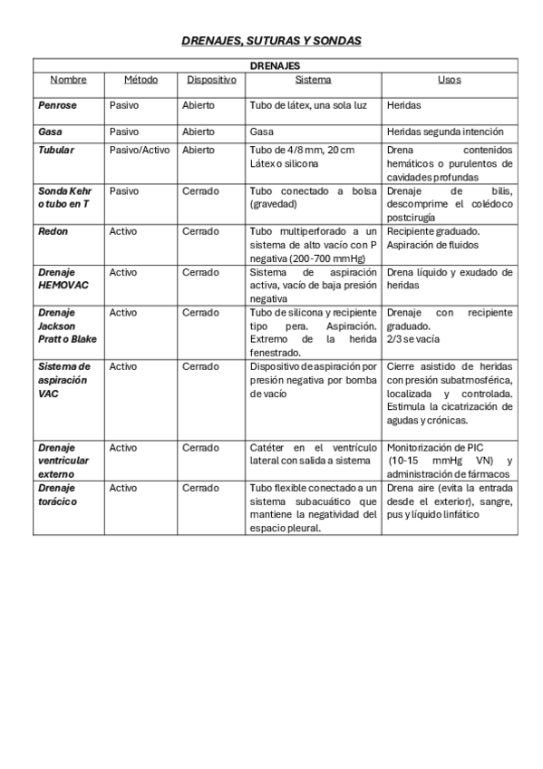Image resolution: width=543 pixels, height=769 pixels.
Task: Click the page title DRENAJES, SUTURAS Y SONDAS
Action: tap(271, 41)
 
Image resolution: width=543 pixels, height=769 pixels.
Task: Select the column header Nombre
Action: tap(68, 80)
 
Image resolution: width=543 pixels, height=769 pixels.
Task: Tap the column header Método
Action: tap(141, 80)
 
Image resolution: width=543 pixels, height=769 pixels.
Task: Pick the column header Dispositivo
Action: tap(211, 80)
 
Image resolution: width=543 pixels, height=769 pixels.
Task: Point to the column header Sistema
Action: tap(313, 80)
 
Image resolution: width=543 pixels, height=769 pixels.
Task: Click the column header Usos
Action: tap(449, 80)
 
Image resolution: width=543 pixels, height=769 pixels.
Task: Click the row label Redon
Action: tap(53, 231)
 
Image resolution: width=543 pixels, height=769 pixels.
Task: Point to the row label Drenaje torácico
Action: tap(58, 494)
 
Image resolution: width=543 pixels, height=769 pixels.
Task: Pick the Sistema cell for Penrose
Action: tap(308, 106)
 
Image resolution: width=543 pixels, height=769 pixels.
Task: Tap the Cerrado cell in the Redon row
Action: tap(200, 231)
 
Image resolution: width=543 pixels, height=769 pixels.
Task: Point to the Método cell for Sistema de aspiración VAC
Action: tap(123, 366)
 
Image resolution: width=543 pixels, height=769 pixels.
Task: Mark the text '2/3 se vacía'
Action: tap(412, 339)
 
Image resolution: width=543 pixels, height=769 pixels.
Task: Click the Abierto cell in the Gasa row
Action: tap(199, 131)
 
